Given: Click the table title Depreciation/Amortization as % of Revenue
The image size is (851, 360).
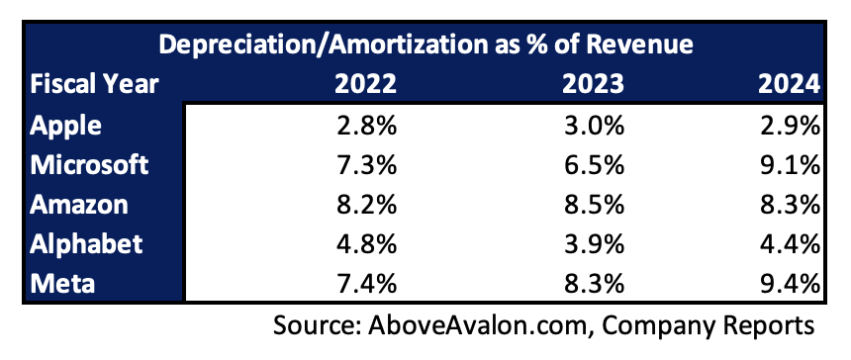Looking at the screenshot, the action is point(426,45).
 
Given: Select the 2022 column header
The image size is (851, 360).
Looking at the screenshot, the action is point(365,85).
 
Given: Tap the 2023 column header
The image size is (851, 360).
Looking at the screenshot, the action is point(593,85).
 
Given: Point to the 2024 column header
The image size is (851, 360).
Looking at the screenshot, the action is point(789,85).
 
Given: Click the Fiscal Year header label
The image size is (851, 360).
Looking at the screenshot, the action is point(94,85).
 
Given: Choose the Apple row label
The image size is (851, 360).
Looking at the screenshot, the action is point(65,127).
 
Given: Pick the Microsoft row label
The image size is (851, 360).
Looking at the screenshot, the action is point(89,165).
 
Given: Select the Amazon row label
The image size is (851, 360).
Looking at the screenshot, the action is point(79,205).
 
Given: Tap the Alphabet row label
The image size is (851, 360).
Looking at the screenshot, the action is point(86,244).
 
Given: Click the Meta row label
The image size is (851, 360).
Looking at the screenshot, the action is point(62,284).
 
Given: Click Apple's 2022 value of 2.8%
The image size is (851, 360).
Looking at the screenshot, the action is point(365,126).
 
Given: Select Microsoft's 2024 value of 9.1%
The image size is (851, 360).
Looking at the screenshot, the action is point(789,165).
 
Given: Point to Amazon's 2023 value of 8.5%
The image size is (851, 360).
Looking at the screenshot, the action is point(593,205).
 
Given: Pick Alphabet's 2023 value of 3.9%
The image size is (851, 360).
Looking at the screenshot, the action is point(593,244).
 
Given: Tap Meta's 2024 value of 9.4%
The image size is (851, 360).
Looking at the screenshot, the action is point(789,284).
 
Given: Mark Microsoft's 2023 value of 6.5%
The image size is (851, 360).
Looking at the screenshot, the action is point(593,165).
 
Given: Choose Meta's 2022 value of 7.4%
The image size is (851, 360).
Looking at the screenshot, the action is point(365,284).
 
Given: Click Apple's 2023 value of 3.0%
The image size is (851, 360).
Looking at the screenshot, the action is point(593,126).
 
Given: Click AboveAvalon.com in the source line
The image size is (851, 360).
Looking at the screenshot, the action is point(478,325).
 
